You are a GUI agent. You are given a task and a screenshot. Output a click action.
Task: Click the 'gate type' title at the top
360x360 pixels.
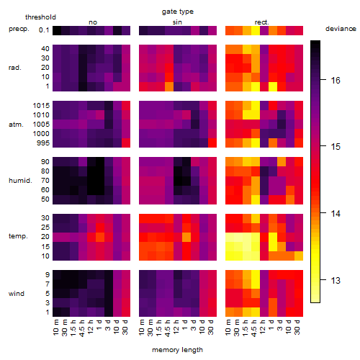tap(178, 12)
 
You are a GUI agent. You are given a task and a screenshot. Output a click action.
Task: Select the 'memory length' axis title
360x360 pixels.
tap(177, 350)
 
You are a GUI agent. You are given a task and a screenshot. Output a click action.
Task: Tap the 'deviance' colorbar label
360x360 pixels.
tap(341, 29)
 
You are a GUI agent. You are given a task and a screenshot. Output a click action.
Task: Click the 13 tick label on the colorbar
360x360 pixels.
tap(336, 280)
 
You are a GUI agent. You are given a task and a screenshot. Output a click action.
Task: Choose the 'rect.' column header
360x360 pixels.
tap(261, 22)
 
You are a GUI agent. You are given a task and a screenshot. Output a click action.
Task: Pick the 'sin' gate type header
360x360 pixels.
tap(177, 22)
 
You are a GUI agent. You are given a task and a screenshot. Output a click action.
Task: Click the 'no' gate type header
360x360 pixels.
tap(93, 22)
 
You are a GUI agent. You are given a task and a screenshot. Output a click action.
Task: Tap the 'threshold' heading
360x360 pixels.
tap(40, 17)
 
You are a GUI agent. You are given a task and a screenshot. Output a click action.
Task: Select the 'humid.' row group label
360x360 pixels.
tap(20, 181)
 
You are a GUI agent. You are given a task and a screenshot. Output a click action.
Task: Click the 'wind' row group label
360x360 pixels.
tap(17, 294)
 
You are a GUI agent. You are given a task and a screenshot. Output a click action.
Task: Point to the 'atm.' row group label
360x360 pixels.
tap(16, 125)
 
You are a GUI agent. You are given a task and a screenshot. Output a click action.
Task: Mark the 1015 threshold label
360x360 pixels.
tap(41, 106)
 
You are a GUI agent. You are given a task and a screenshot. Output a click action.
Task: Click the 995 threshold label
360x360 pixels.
tap(43, 143)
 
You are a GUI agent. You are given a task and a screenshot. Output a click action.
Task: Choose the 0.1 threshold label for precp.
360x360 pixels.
tap(44, 30)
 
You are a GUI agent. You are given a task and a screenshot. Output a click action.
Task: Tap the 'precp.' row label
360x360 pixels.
tap(19, 29)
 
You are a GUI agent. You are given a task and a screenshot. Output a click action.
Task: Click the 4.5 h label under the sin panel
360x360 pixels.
tap(168, 328)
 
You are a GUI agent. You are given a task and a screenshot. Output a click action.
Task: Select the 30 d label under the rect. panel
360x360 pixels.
tap(297, 328)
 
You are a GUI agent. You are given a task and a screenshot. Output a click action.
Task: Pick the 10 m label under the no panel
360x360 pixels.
tap(55, 328)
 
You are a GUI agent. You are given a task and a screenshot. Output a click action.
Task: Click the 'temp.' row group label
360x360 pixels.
tap(18, 236)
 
